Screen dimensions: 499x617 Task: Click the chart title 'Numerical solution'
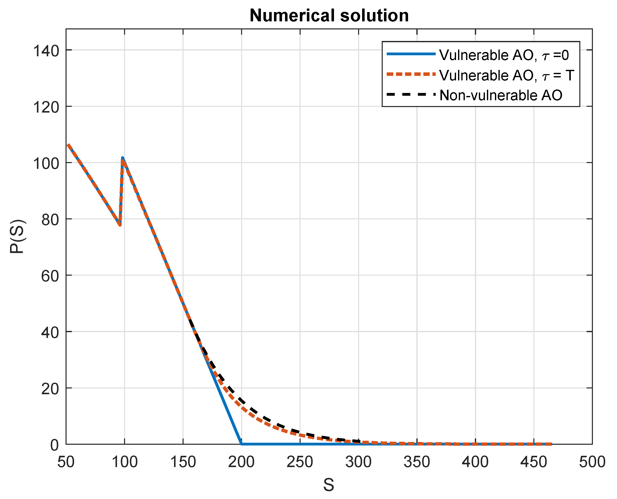point(329,16)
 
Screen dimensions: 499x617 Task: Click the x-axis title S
point(329,485)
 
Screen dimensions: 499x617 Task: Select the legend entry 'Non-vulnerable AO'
point(501,95)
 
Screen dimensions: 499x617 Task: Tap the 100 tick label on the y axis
point(46,164)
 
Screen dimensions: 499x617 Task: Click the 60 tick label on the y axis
point(50,277)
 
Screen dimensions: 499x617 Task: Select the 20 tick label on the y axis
point(50,389)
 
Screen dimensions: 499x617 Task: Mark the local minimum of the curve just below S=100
point(120,225)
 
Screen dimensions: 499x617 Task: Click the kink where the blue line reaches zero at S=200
point(241,444)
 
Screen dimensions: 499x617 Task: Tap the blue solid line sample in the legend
point(411,54)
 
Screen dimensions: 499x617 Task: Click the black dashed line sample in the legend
point(411,94)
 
